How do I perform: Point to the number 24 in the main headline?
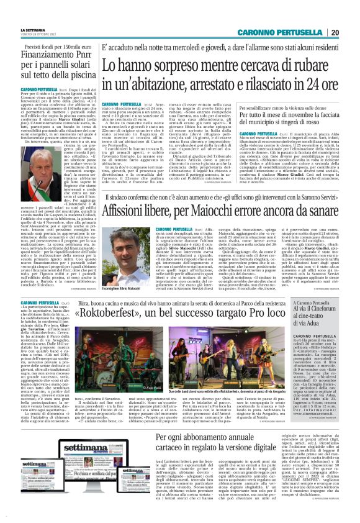297,82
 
